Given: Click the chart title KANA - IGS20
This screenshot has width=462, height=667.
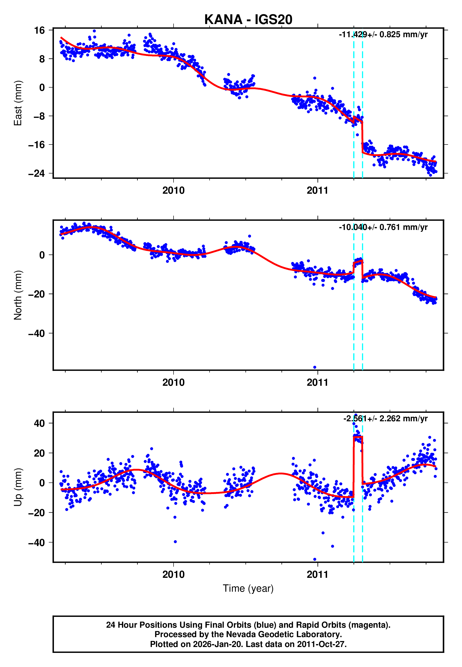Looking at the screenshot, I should click(248, 20).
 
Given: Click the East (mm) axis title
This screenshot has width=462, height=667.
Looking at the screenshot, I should click(18, 103).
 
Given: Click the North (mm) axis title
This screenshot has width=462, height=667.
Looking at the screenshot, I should click(18, 295).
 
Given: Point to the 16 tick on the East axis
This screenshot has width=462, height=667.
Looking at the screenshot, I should click(39, 30).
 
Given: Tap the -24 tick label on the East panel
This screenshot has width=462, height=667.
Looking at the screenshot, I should click(36, 173).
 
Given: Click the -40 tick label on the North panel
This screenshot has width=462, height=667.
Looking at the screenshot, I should click(36, 333).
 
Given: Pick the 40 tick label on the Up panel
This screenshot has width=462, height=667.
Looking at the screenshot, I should click(39, 423).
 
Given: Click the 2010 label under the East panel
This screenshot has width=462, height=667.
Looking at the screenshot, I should click(173, 191).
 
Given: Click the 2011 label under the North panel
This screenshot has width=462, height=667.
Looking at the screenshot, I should click(318, 383).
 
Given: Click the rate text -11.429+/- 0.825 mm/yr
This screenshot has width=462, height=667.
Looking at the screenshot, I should click(383, 35).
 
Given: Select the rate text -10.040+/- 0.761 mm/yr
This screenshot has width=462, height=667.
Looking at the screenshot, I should click(383, 227).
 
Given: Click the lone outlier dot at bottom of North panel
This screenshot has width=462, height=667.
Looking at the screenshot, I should click(315, 367).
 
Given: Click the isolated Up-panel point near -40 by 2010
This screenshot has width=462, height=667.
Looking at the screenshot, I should click(175, 542).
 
